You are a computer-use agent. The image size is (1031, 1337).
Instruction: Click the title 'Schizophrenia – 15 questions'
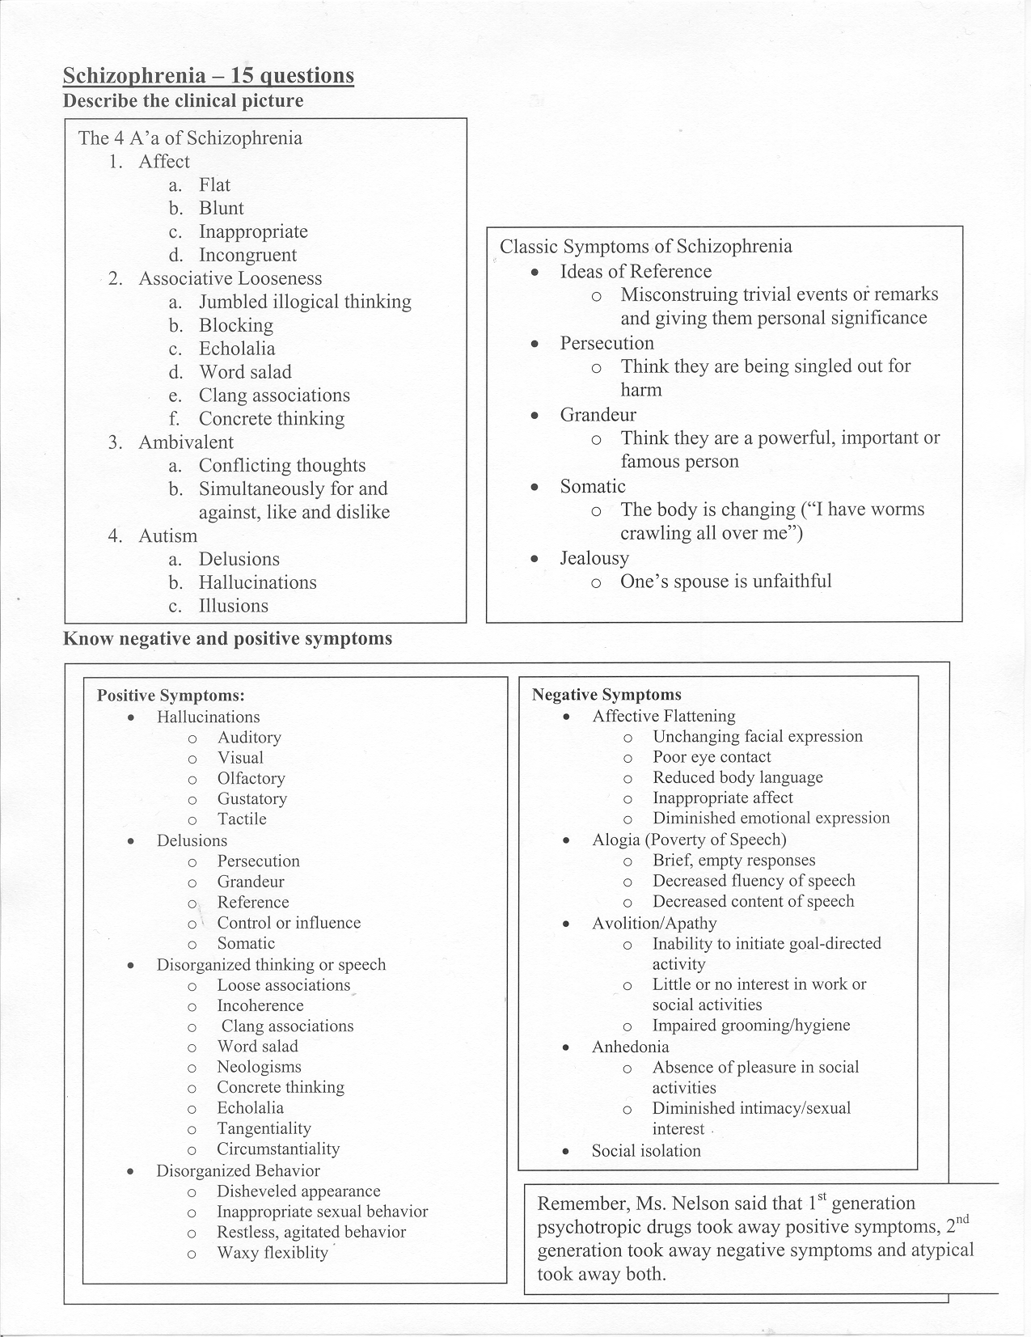click(208, 76)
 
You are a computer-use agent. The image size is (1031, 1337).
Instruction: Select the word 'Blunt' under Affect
click(221, 209)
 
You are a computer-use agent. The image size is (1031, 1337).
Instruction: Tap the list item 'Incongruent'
click(247, 256)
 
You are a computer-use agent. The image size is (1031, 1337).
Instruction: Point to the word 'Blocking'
click(235, 326)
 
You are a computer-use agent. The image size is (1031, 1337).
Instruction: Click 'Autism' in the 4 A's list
click(167, 536)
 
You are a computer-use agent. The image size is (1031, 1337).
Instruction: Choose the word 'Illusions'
click(233, 607)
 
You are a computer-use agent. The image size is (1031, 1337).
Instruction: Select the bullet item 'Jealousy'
click(594, 558)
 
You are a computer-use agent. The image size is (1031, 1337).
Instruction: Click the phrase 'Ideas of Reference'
click(636, 272)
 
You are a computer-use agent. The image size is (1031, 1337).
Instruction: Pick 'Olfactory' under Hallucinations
click(251, 779)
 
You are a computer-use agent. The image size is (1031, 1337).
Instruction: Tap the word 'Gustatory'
click(251, 799)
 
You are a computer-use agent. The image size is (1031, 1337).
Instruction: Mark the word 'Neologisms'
click(259, 1068)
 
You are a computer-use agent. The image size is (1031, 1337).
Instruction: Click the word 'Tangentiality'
click(264, 1129)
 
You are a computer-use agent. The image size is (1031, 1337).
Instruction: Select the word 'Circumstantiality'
click(277, 1149)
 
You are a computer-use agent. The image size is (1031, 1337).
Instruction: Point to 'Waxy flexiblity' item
click(272, 1253)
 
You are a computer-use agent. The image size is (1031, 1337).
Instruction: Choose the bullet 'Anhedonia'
click(630, 1047)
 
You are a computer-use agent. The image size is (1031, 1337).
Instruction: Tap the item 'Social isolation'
click(645, 1151)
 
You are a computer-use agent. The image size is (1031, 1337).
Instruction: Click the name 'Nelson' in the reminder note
click(707, 1204)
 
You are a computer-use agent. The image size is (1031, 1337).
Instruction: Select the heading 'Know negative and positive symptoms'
click(227, 639)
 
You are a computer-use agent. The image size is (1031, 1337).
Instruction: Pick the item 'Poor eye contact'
click(712, 758)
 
